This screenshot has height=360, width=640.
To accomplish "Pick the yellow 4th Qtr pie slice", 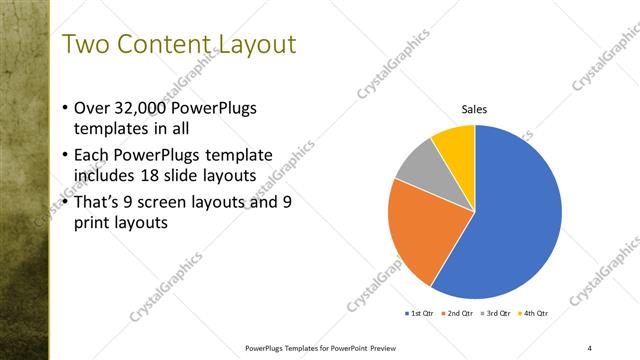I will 455,142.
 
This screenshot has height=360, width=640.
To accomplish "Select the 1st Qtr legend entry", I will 418,314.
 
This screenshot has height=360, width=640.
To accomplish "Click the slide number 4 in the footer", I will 590,347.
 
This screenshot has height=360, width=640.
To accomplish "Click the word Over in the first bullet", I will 93,109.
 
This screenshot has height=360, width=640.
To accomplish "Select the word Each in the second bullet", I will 93,155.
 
